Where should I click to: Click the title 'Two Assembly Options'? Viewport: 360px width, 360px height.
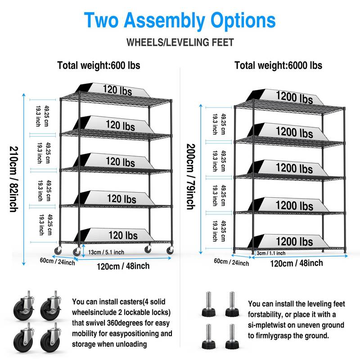click(x=180, y=20)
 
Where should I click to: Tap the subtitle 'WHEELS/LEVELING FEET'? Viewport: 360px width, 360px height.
click(x=180, y=43)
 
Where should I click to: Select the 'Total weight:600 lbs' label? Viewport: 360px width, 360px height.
click(x=99, y=65)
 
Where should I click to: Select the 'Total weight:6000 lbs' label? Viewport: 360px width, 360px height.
click(x=278, y=65)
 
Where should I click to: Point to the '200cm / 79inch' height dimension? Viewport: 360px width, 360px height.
click(x=190, y=176)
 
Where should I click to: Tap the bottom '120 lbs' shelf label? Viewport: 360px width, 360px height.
click(x=123, y=235)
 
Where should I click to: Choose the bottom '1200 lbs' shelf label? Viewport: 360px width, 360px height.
click(x=295, y=242)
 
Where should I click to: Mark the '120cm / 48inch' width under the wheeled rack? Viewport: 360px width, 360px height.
click(x=123, y=266)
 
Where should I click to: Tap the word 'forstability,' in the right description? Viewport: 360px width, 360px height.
click(x=269, y=314)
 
